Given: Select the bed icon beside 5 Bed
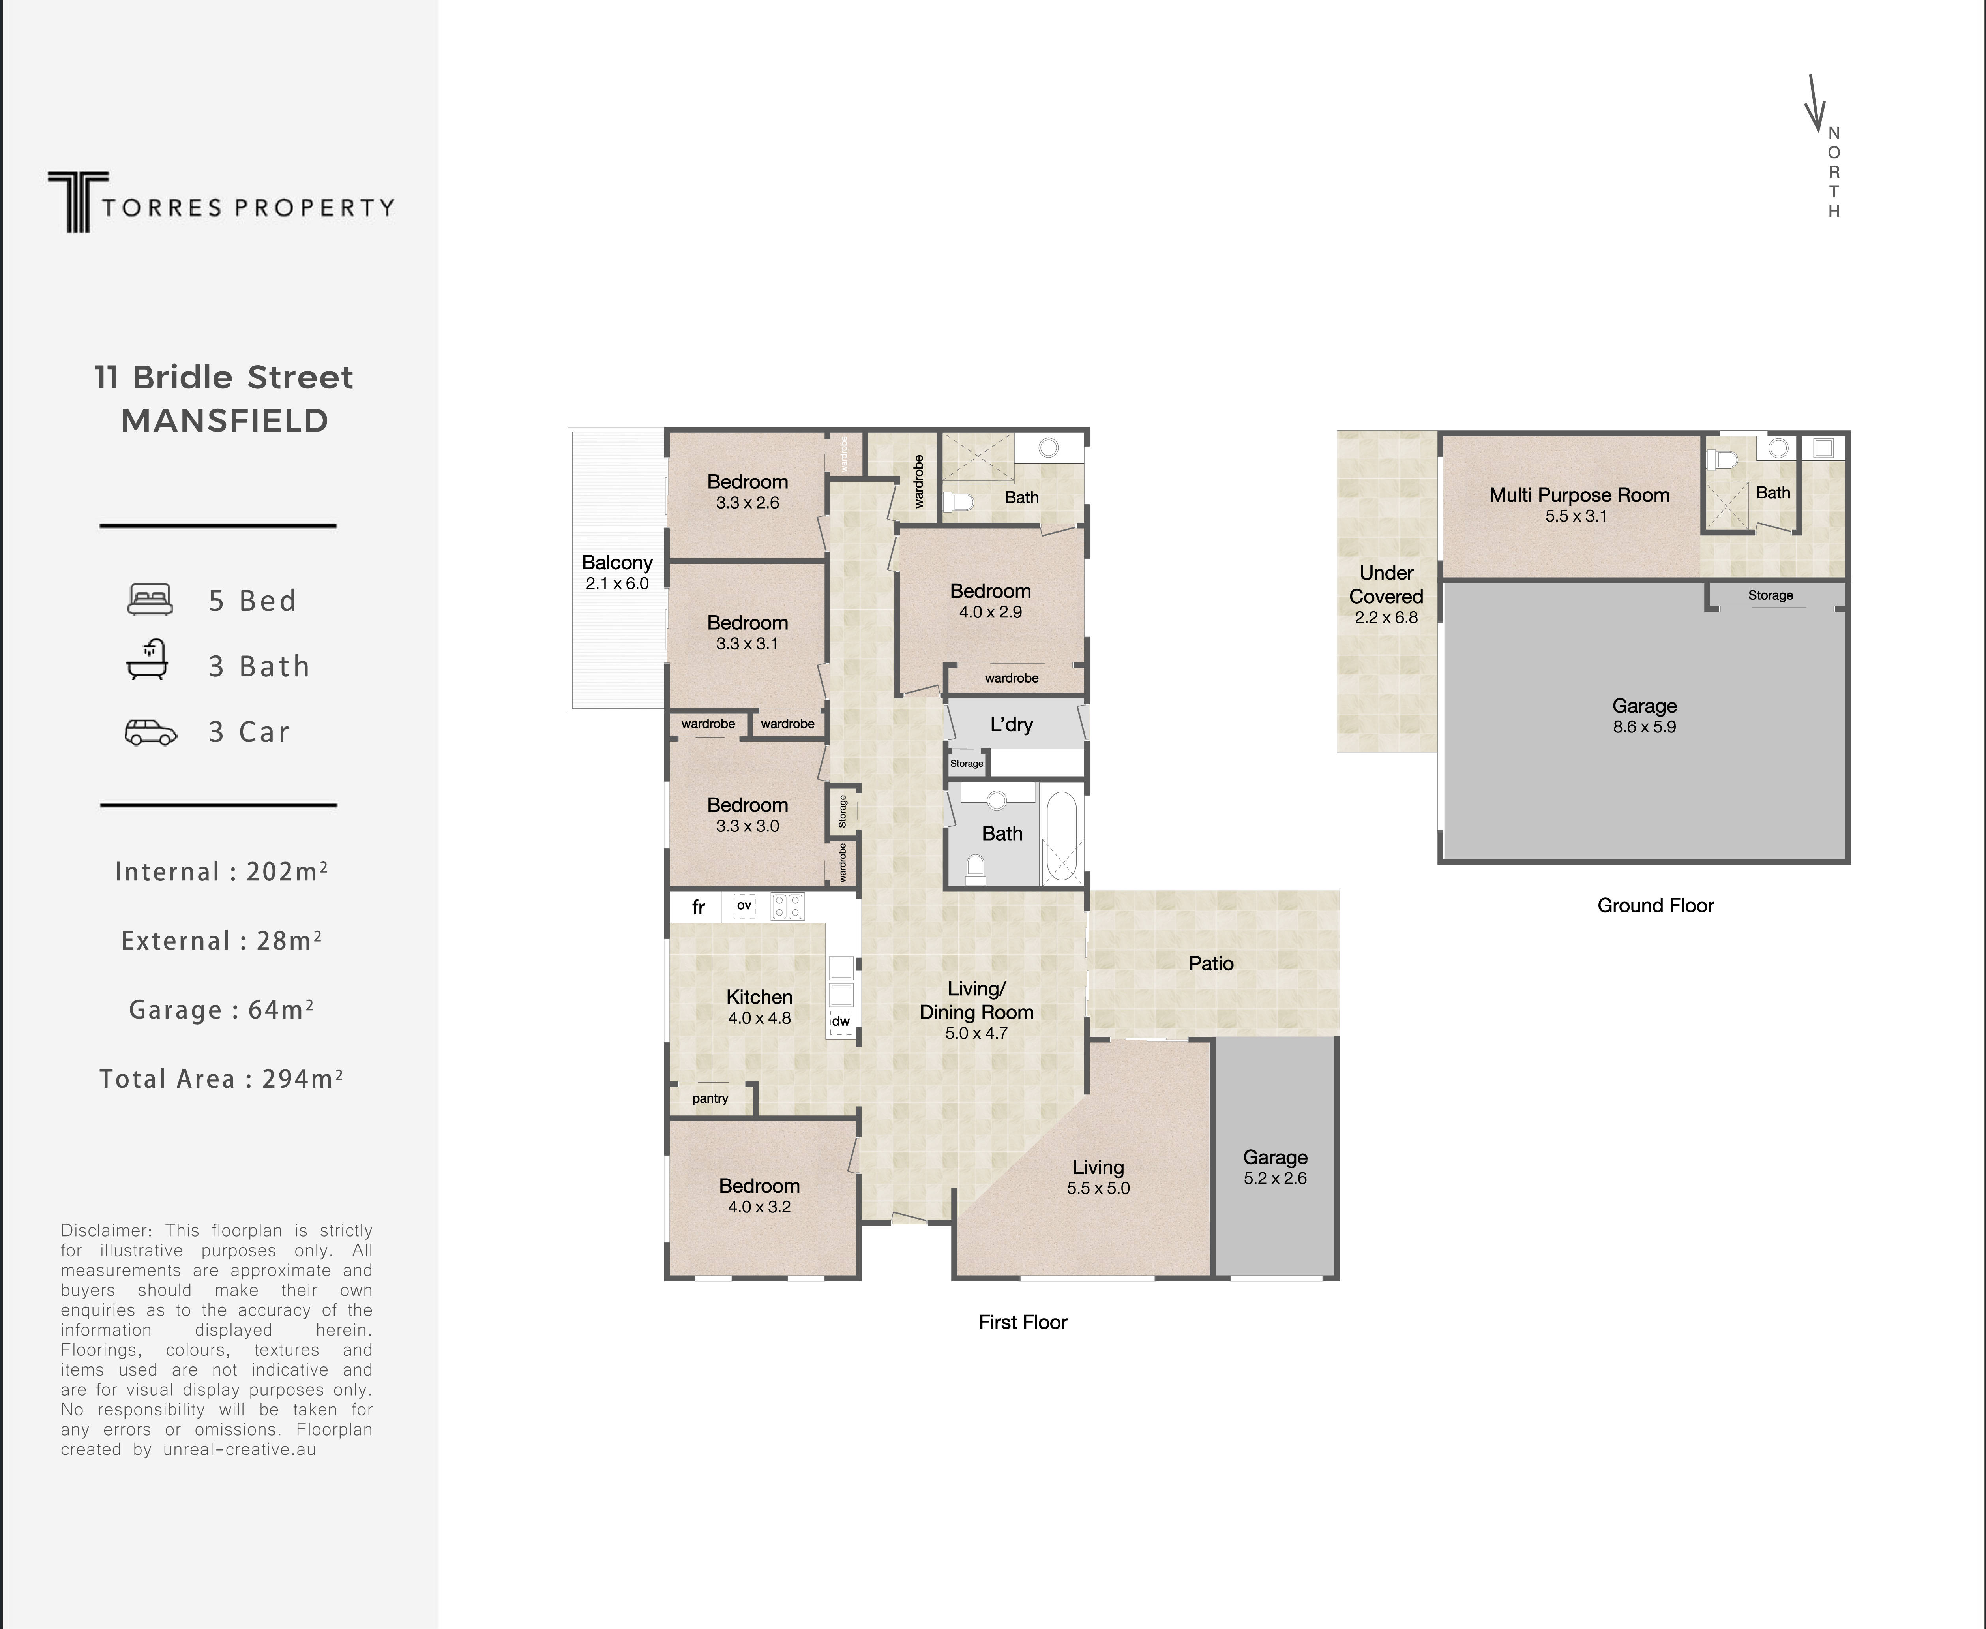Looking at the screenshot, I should pyautogui.click(x=150, y=600).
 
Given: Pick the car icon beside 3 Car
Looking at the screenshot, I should pyautogui.click(x=150, y=732).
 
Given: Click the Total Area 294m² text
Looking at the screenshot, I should pyautogui.click(x=221, y=1079).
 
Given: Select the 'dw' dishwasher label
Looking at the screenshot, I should pyautogui.click(x=841, y=1021).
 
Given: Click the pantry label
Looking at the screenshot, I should pyautogui.click(x=710, y=1098).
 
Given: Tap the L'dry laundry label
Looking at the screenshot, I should pyautogui.click(x=1011, y=724).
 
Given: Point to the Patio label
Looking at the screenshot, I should pyautogui.click(x=1211, y=964).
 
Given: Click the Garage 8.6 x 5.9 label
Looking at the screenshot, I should pyautogui.click(x=1643, y=715).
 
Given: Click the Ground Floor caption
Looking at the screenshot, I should pyautogui.click(x=1655, y=906).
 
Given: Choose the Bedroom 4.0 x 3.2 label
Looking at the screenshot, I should pyautogui.click(x=759, y=1195).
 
